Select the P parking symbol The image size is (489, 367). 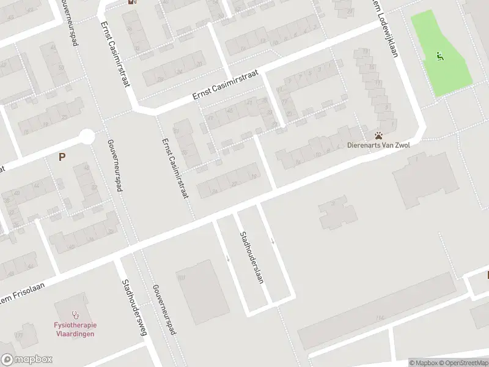tap(62, 157)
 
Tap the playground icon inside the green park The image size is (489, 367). tap(439, 56)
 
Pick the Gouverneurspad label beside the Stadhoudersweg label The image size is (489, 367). tap(164, 309)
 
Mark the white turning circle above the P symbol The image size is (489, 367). tap(87, 136)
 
